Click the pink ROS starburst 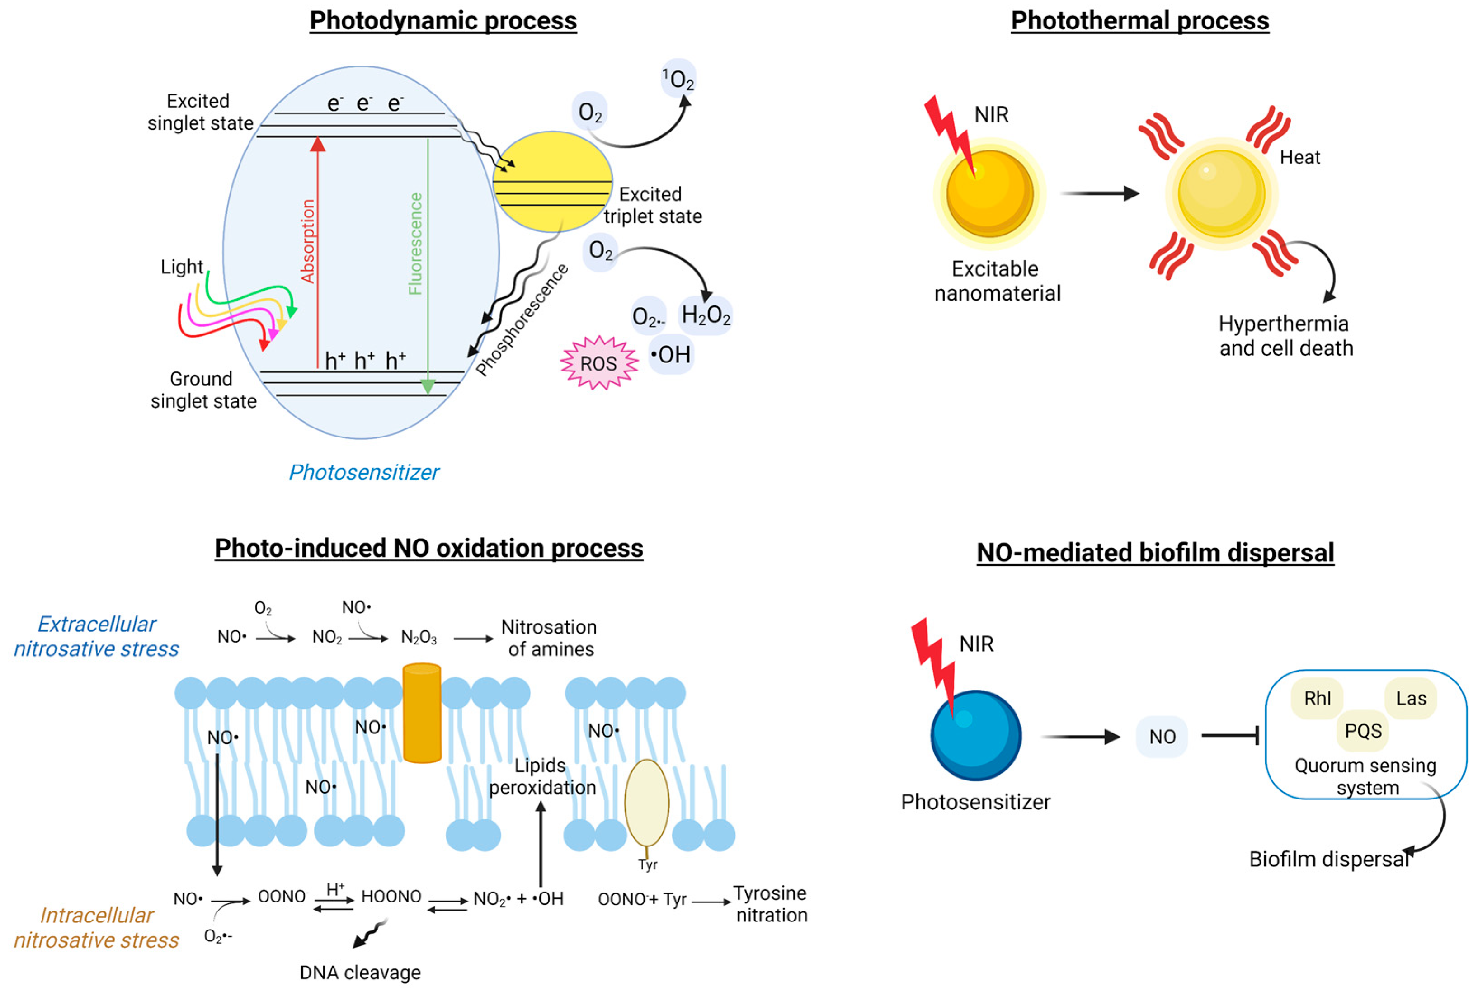(598, 363)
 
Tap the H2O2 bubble (705, 315)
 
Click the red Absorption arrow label (308, 241)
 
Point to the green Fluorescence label (415, 244)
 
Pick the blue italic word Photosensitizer (363, 472)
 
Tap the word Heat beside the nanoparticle (1299, 158)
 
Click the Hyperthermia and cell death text (1285, 336)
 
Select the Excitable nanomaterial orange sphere (989, 194)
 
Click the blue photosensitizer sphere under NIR (975, 736)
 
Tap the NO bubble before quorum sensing (1162, 737)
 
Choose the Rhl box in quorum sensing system (1317, 699)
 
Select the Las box (1410, 699)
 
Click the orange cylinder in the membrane (422, 713)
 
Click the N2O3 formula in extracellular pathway (419, 637)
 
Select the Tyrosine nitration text (771, 904)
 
